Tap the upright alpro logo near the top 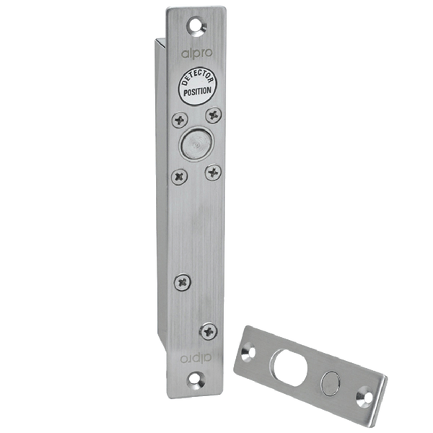[x=193, y=52]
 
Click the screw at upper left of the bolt [x=177, y=121]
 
